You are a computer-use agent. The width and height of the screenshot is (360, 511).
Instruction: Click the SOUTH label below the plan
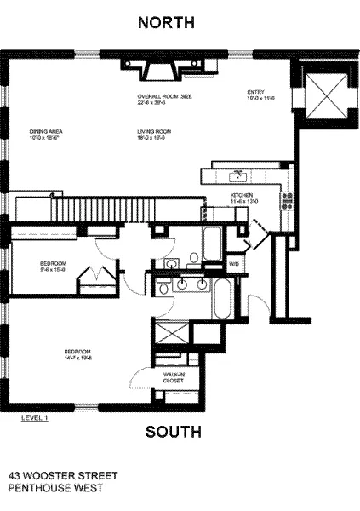173,432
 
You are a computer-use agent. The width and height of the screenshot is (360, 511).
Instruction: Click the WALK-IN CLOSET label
174,376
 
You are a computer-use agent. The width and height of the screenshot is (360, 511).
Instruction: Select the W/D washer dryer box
233,265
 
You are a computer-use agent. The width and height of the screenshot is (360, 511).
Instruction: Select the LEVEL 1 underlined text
35,417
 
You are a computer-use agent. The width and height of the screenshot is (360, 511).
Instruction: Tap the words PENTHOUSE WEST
55,488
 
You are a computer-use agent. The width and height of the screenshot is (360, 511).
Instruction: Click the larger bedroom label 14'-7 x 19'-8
77,353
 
